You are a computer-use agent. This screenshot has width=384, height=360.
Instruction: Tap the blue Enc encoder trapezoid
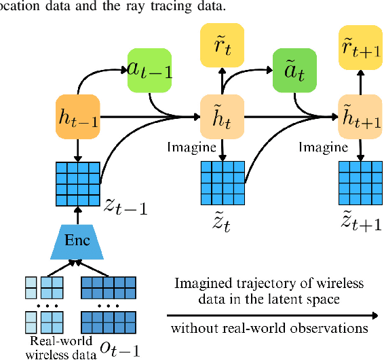[77, 240]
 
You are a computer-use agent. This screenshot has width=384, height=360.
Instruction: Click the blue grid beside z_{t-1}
[77, 183]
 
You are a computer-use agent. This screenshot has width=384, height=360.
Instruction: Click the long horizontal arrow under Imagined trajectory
[271, 314]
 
